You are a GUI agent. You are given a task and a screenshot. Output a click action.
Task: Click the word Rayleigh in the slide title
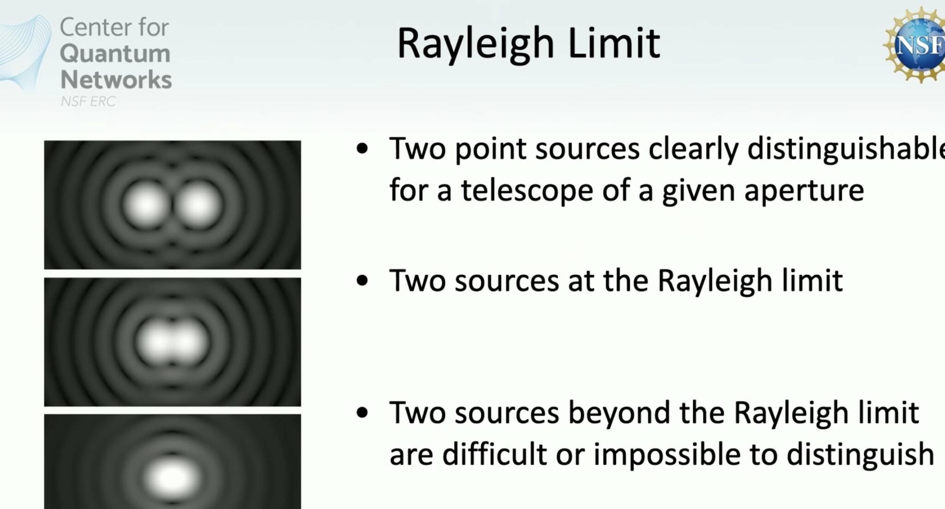[475, 44]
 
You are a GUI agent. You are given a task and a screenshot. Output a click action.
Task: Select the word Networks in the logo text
[116, 79]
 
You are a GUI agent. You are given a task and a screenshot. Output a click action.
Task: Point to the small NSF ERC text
[88, 101]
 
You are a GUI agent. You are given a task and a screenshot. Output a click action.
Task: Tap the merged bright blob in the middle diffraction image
[172, 342]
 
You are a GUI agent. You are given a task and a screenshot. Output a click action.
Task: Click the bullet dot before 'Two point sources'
[363, 149]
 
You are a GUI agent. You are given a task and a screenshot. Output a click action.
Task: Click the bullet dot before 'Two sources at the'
[363, 280]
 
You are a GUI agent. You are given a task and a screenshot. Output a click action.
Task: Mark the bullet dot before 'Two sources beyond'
[363, 412]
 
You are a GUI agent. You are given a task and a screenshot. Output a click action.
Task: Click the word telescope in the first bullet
[526, 190]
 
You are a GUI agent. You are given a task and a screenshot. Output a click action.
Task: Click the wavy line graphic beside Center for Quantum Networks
[25, 53]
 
